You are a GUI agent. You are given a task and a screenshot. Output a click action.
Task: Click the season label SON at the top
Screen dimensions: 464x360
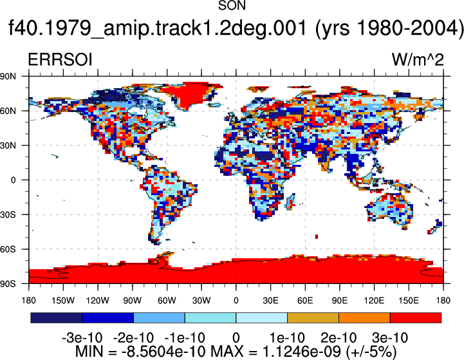click(232, 6)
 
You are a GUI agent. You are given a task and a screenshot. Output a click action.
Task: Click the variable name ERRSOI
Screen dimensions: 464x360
click(60, 60)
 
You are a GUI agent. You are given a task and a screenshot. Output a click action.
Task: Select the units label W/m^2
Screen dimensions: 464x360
click(418, 60)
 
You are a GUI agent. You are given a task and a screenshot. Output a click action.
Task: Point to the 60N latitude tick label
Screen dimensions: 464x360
click(8, 111)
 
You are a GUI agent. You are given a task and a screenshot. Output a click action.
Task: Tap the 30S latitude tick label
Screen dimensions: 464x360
click(8, 214)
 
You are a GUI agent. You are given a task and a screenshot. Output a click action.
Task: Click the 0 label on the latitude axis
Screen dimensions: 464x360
click(13, 180)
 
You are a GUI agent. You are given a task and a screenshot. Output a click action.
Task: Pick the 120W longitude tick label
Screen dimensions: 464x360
click(98, 301)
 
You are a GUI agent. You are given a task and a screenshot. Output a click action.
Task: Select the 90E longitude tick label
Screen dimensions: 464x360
click(339, 301)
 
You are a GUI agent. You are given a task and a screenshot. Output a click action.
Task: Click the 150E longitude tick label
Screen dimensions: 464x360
click(409, 301)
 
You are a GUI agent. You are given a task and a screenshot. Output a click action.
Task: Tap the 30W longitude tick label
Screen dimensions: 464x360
click(201, 301)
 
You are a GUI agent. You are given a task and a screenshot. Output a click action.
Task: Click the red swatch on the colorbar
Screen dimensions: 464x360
click(416, 317)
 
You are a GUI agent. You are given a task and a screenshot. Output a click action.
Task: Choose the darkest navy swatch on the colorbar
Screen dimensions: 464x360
click(56, 317)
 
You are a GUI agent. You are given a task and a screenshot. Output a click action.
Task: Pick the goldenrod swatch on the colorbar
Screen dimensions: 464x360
click(313, 317)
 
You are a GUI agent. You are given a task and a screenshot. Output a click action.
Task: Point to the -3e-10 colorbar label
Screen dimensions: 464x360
click(82, 338)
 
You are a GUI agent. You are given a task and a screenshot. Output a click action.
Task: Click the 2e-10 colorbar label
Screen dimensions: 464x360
click(339, 338)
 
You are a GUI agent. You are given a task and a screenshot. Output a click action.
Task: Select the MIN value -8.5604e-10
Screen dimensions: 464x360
click(163, 352)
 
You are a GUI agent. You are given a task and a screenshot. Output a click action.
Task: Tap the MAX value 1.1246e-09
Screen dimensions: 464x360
click(302, 352)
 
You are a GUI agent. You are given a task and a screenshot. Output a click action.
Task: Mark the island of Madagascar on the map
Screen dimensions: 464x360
click(291, 202)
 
